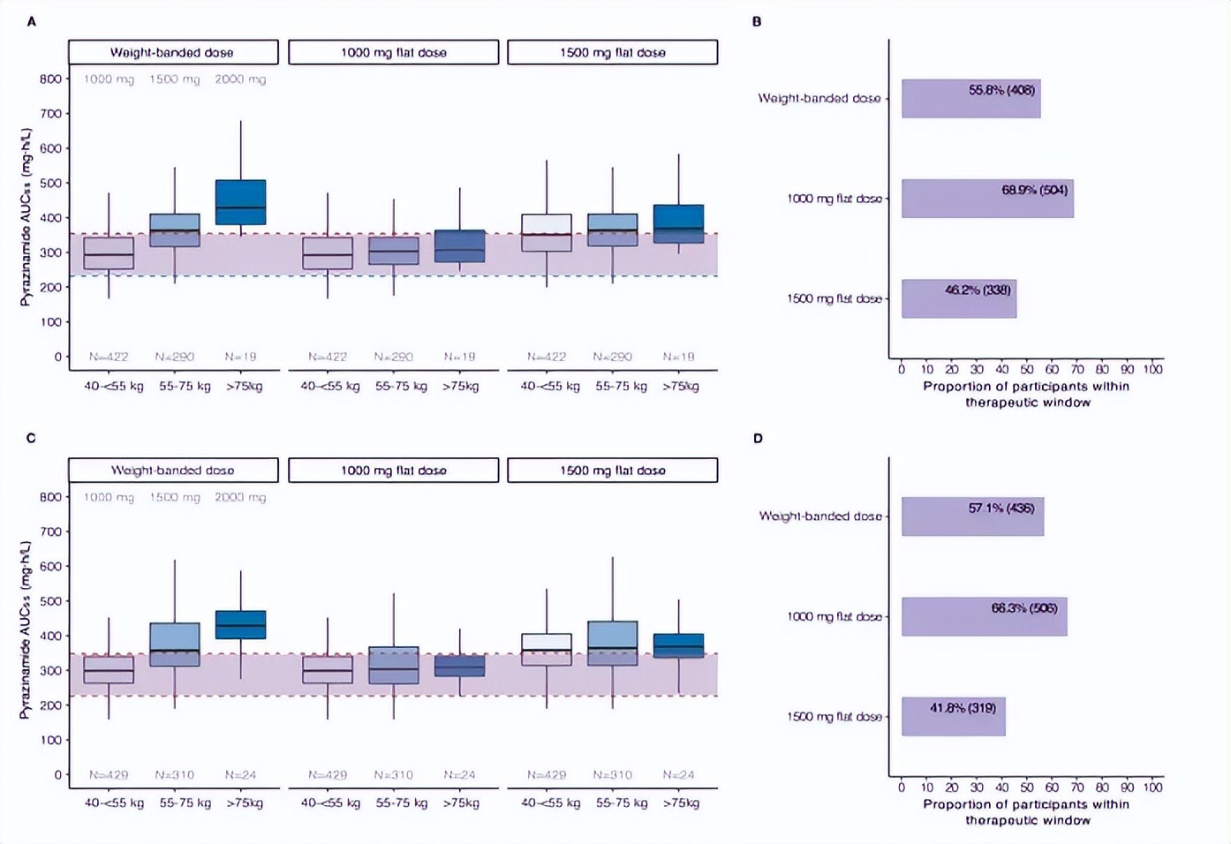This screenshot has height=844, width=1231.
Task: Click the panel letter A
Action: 32,21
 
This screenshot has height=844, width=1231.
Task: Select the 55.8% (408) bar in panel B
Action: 970,99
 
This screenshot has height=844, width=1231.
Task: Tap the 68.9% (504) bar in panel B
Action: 987,199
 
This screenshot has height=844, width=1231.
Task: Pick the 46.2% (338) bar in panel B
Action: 959,298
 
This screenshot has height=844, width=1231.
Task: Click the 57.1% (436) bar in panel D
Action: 972,516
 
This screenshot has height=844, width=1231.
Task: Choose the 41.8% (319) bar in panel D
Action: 953,716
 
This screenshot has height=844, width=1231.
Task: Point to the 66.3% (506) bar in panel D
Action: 984,616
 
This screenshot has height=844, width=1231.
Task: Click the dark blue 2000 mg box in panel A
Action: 240,202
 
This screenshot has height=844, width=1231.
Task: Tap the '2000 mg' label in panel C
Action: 240,497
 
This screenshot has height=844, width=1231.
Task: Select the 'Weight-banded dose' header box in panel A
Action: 173,52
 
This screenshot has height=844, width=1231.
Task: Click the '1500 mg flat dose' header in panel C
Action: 612,471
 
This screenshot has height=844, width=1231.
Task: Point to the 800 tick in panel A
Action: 50,79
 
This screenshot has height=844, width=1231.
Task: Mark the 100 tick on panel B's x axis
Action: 1152,369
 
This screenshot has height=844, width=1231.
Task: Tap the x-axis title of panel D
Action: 1027,812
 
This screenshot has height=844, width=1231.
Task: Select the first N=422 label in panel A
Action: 109,357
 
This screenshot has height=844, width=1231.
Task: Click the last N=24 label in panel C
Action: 678,775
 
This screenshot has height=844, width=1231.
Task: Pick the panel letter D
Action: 758,439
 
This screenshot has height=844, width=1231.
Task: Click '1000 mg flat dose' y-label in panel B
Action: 834,199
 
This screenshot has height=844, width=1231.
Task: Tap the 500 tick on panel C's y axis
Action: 50,601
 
